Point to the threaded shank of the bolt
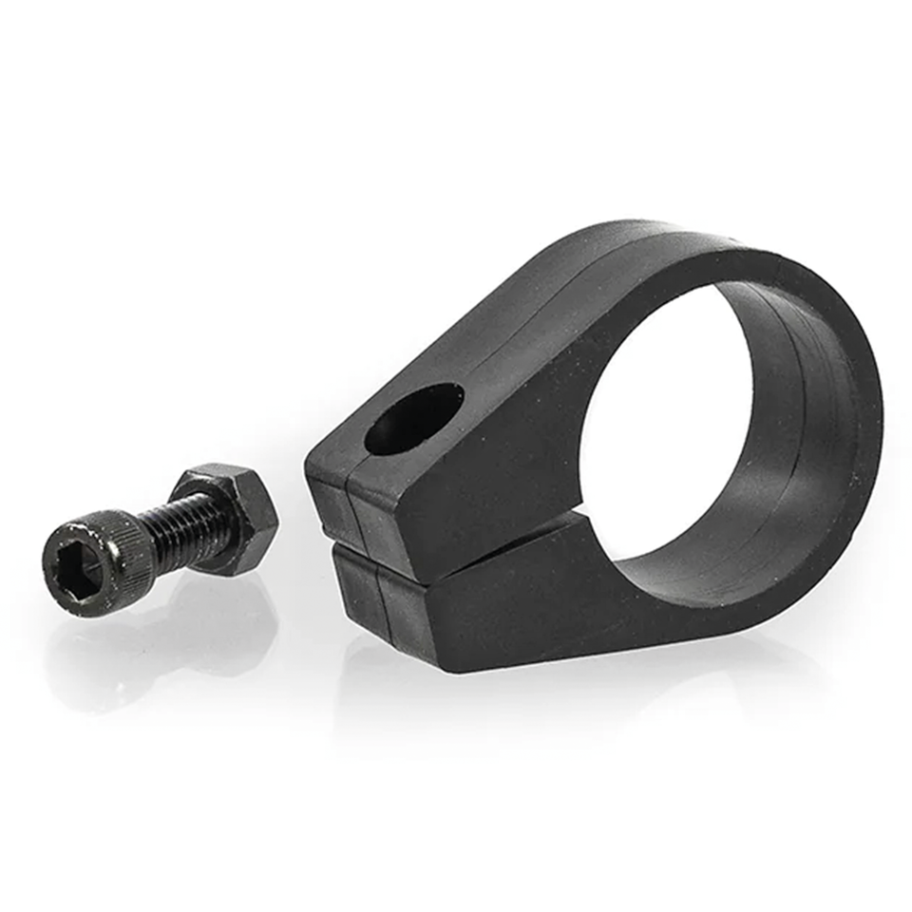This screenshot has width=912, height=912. point(180,526)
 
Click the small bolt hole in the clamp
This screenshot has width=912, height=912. point(414,418)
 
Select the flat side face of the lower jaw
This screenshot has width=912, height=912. point(513,608)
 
